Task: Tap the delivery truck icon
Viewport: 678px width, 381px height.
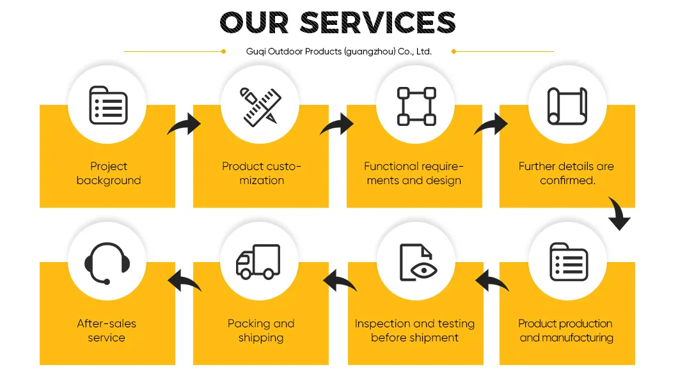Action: coord(258,261)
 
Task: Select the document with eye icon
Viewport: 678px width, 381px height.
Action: coord(418,263)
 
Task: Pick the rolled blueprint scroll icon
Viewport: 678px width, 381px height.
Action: coord(567,106)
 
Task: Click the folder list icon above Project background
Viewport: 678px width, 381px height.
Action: coord(108,105)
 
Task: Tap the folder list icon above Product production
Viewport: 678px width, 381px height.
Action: coord(569,261)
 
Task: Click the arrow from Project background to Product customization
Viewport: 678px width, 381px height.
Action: coord(185,125)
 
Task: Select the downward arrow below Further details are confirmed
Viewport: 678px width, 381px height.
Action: coord(619,214)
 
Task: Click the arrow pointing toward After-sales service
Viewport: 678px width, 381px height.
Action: coord(184,281)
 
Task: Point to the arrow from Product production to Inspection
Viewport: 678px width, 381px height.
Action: coord(492,281)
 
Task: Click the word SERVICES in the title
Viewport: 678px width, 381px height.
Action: coord(377,22)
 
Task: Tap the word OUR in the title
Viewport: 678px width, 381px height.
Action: coord(255,22)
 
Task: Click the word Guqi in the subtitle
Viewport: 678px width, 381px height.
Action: coord(256,52)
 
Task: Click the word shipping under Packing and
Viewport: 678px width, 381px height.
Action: coord(261,338)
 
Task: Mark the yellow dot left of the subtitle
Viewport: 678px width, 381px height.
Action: coord(224,51)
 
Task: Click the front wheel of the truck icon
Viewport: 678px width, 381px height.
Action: coord(246,274)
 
